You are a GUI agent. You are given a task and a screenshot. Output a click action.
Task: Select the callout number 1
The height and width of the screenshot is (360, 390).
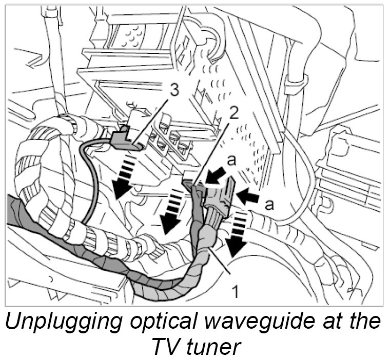coord(235,292)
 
